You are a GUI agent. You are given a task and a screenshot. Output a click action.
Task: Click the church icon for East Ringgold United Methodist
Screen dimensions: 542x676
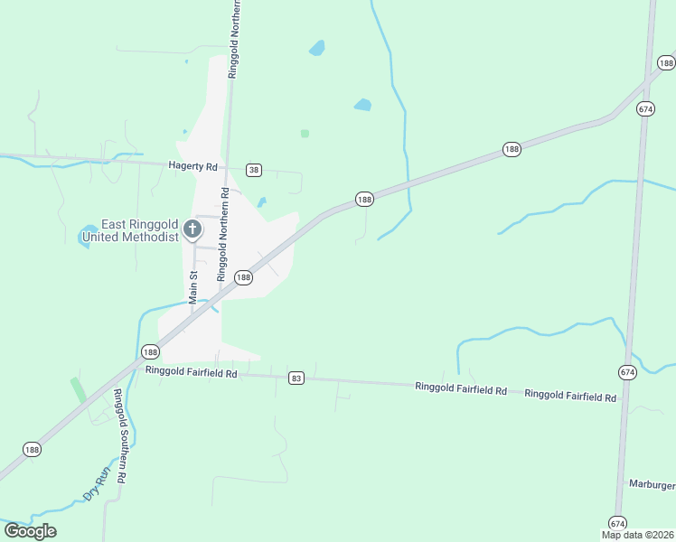click(x=192, y=229)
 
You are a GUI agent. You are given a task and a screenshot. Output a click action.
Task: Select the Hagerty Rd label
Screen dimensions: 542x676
click(x=193, y=166)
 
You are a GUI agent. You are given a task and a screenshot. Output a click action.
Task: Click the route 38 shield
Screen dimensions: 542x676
click(x=254, y=170)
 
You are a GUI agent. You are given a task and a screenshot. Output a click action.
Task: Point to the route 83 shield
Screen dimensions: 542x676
click(x=296, y=378)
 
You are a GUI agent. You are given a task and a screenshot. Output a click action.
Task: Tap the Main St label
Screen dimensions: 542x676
click(x=192, y=286)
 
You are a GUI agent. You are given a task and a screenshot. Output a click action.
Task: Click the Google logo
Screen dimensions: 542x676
click(x=30, y=531)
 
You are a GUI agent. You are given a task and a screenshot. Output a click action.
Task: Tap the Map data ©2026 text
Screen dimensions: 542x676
click(x=637, y=535)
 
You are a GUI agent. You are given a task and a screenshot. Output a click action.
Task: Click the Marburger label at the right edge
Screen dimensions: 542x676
click(x=652, y=485)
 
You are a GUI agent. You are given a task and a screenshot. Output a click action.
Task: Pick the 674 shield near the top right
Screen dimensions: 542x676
click(x=644, y=108)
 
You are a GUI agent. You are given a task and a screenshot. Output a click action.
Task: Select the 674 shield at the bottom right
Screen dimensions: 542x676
click(x=617, y=523)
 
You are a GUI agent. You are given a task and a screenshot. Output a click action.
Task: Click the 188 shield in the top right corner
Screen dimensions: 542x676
click(x=666, y=63)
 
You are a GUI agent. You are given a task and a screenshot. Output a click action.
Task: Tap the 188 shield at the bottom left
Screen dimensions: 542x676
click(x=33, y=449)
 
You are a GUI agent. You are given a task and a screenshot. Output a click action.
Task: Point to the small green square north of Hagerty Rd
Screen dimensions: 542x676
click(x=305, y=134)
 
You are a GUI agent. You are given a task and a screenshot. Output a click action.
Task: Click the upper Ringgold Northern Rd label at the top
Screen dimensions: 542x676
click(x=234, y=40)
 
